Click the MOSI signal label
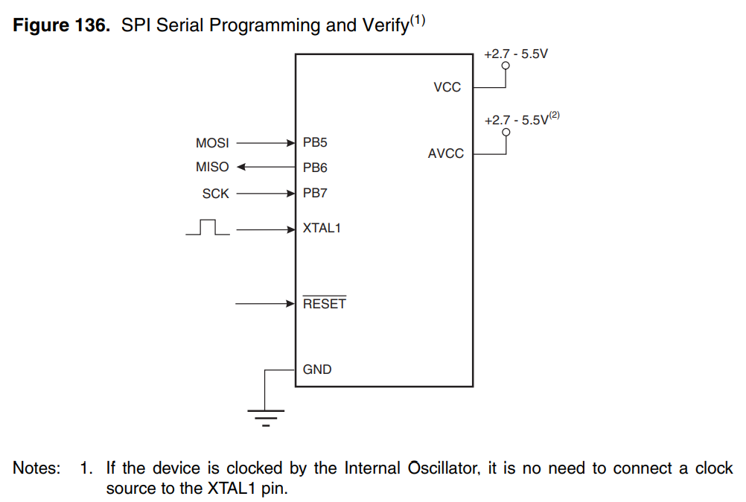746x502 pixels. point(212,143)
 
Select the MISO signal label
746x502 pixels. point(212,167)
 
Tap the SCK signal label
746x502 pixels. point(215,194)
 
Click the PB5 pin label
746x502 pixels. point(315,142)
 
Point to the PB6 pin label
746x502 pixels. point(315,168)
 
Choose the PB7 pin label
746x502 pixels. point(315,193)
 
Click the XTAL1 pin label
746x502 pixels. point(322,228)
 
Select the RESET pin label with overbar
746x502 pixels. point(325,302)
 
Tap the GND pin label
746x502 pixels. point(317,369)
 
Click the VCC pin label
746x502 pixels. point(447,87)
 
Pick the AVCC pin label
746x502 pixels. point(446,153)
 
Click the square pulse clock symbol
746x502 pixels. point(208,227)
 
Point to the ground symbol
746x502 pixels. point(266,417)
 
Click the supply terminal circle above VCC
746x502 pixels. point(506,66)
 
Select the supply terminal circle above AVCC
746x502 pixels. point(506,132)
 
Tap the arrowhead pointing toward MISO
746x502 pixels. point(241,167)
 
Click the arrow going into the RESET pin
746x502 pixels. point(266,304)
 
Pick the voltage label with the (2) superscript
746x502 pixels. point(522,118)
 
